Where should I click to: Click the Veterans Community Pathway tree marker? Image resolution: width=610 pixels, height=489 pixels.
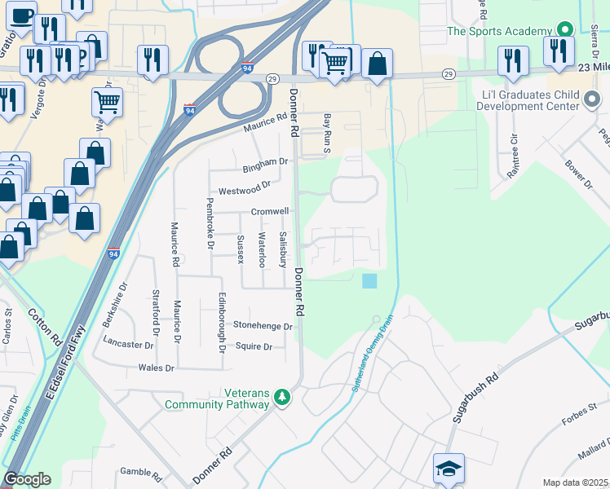point(282,397)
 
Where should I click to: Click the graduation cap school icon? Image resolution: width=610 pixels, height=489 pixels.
point(449,469)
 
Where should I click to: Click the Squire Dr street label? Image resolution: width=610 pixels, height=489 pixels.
point(253,346)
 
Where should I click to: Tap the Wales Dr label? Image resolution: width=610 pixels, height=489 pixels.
point(157,368)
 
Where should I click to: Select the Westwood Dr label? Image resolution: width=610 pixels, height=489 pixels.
point(245,188)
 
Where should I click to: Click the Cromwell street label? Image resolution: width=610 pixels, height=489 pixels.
point(270,211)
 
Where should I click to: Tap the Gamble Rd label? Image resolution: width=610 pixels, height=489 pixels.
point(141,472)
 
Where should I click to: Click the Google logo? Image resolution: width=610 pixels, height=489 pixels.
point(27,479)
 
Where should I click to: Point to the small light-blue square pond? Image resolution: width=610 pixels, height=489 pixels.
point(369,280)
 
